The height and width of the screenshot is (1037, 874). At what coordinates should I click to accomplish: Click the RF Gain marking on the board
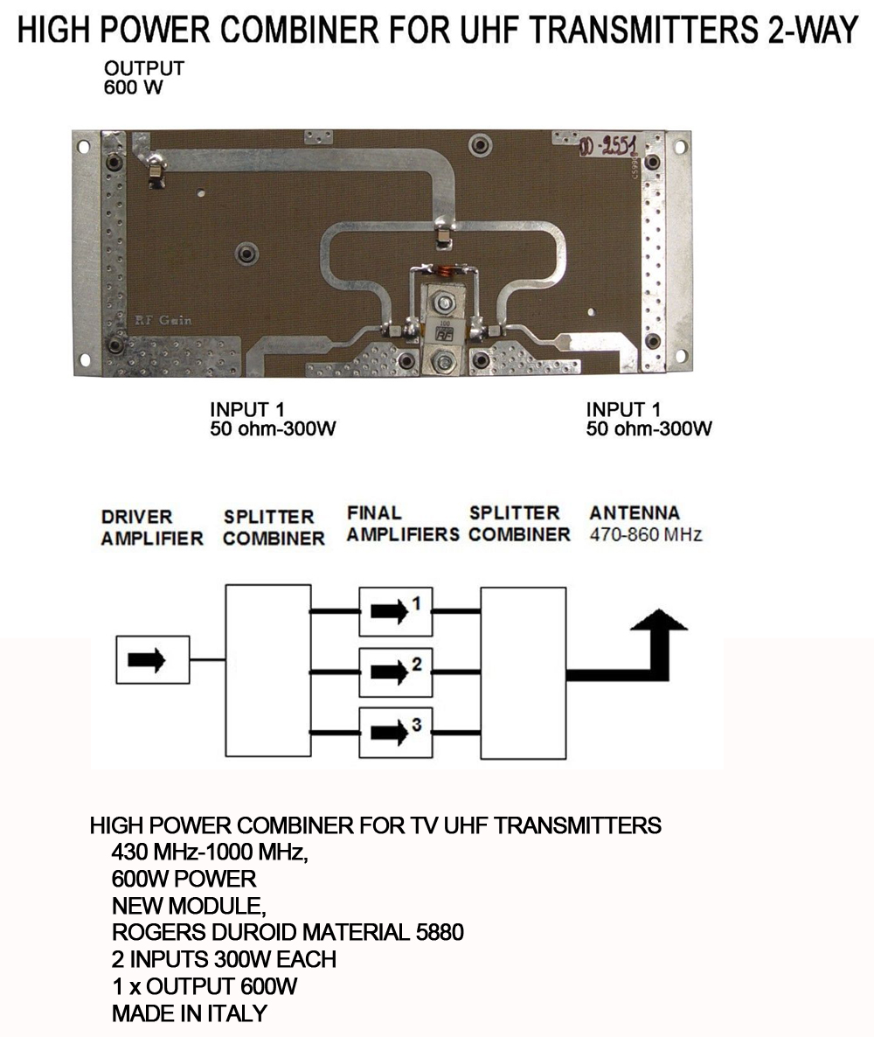pyautogui.click(x=163, y=321)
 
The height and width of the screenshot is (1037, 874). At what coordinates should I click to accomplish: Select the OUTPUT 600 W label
pyautogui.click(x=143, y=77)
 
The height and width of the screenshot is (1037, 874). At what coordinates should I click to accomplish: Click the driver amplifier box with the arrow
pyautogui.click(x=153, y=659)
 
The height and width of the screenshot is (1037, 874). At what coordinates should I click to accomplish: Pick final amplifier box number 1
pyautogui.click(x=396, y=611)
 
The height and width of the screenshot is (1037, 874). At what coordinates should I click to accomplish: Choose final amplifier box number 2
pyautogui.click(x=396, y=672)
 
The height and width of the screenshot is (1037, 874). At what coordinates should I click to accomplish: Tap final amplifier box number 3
pyautogui.click(x=396, y=733)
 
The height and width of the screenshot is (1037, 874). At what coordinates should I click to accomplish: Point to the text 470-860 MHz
pyautogui.click(x=646, y=534)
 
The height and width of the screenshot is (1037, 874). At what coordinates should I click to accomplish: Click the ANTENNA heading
pyautogui.click(x=635, y=512)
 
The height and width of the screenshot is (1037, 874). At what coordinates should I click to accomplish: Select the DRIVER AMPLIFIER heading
pyautogui.click(x=152, y=527)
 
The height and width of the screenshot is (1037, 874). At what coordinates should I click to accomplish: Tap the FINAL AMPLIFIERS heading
pyautogui.click(x=403, y=523)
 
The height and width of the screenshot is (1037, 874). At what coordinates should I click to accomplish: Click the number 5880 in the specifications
pyautogui.click(x=440, y=932)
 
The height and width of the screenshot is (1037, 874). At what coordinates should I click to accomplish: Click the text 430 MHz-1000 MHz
pyautogui.click(x=211, y=852)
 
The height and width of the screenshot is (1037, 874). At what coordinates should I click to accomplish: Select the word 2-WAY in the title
pyautogui.click(x=813, y=30)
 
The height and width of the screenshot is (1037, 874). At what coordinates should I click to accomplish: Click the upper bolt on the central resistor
pyautogui.click(x=443, y=303)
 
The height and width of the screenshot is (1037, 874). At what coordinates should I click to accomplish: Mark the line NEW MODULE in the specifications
pyautogui.click(x=189, y=905)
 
